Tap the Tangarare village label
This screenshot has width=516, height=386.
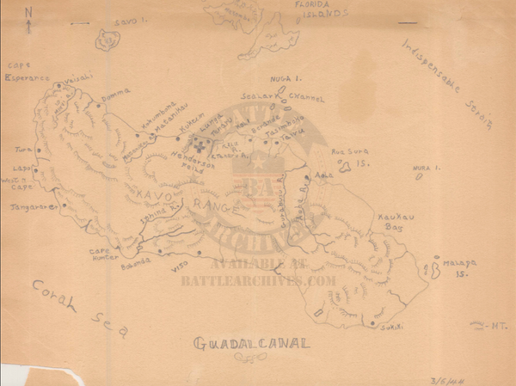[32, 207]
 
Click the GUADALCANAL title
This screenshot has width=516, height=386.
[252, 346]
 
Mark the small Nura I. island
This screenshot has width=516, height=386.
[419, 178]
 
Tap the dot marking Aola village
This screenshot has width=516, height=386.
[314, 175]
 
